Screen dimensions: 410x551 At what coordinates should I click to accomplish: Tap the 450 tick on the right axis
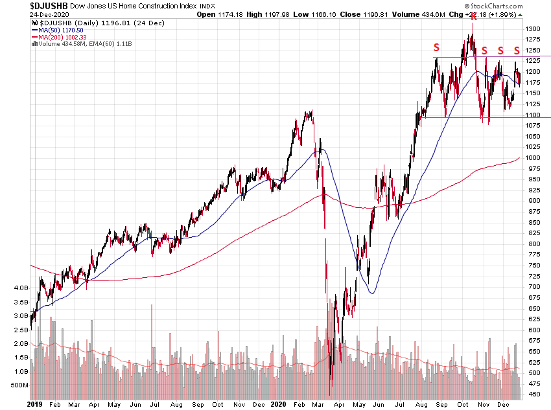(533, 394)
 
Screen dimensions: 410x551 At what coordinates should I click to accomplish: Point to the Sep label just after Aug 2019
(198, 404)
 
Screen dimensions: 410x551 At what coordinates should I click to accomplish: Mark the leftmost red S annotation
(436, 47)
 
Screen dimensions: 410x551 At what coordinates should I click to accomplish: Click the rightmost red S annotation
(517, 51)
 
